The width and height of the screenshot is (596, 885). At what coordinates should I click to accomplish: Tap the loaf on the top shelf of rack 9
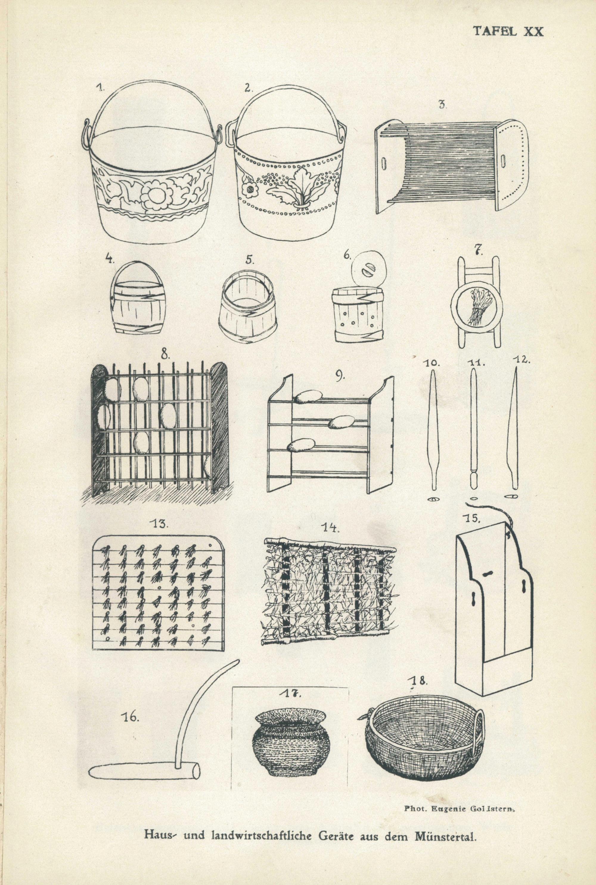click(x=308, y=397)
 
